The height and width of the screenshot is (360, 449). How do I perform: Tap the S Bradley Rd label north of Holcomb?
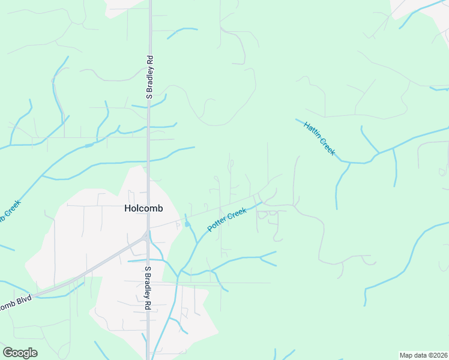pyautogui.click(x=150, y=77)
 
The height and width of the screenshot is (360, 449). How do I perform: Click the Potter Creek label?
pyautogui.click(x=227, y=220)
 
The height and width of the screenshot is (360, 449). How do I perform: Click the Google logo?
pyautogui.click(x=20, y=353)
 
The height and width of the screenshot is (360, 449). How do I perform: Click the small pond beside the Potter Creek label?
pyautogui.click(x=187, y=224)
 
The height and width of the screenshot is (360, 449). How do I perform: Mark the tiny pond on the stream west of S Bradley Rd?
pyautogui.click(x=89, y=145)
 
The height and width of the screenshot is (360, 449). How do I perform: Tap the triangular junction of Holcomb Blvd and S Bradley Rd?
pyautogui.click(x=146, y=236)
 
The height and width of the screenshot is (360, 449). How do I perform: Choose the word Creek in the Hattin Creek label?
pyautogui.click(x=327, y=146)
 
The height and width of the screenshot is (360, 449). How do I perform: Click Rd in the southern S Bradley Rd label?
pyautogui.click(x=147, y=304)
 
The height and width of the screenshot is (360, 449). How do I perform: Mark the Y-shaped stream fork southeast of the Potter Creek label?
pyautogui.click(x=261, y=257)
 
